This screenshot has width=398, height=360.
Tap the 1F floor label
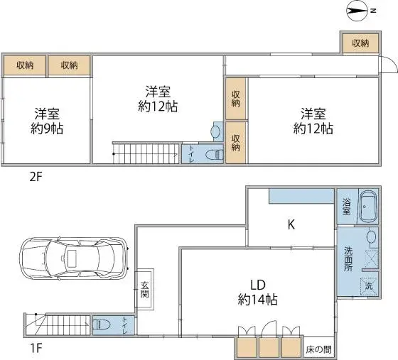[36, 349]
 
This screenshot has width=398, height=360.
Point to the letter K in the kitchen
[291, 226]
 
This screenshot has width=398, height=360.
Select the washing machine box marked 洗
[368, 285]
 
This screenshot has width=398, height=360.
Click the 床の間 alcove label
[319, 349]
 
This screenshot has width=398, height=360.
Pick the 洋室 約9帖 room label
[45, 121]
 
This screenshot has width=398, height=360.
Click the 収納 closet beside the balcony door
[360, 43]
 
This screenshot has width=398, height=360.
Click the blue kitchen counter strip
[301, 195]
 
